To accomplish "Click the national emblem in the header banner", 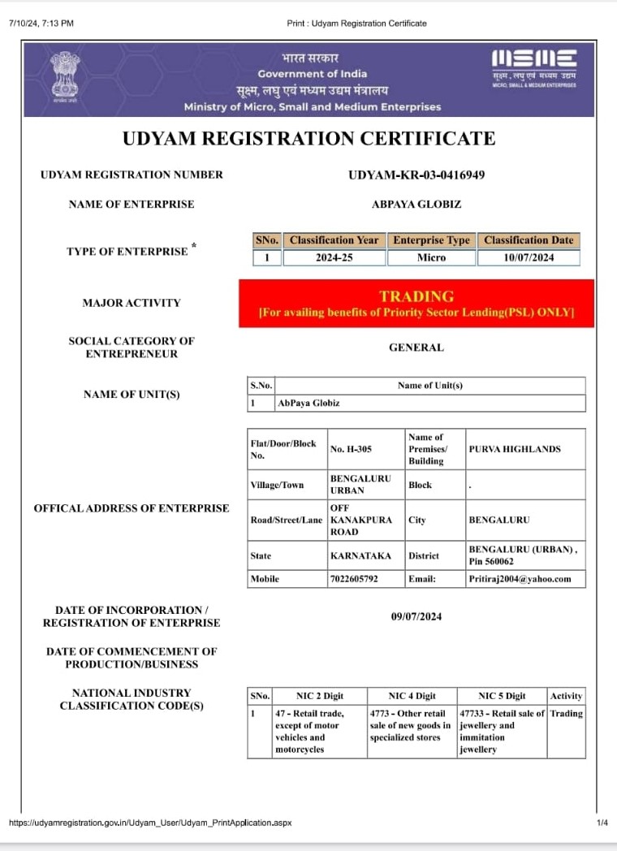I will pos(64,75).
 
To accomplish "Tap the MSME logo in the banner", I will pos(534,60).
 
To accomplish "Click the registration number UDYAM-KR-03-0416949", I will pos(416,175).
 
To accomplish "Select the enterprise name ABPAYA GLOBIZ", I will pos(416,205).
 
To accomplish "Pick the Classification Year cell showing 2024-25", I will pos(334,257).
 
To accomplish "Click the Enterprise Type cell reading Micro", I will pos(431,257).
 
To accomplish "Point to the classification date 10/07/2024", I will pos(529,257).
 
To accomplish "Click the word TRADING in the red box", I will pos(416,296).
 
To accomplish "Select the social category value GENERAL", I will pos(416,348).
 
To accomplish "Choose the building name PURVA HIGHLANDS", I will pos(515,449).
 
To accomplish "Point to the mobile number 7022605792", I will pos(354,579).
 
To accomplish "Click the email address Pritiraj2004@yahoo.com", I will pos(520,579).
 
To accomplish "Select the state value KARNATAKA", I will pos(360,556).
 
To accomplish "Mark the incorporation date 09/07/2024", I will pos(416,617).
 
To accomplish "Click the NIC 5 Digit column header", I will pos(502,696).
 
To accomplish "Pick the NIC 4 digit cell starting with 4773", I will pos(409,725).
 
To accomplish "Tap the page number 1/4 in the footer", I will pos(602,823).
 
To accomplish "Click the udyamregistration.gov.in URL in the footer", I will pos(150,823).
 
